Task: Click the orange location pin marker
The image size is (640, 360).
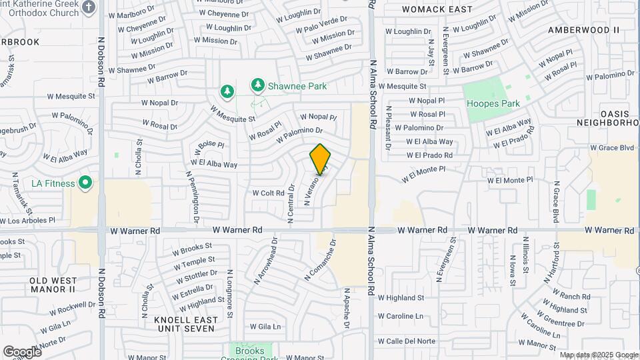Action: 320,159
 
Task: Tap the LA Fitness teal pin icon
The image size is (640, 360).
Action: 85,183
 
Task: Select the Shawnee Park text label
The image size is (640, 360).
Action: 298,86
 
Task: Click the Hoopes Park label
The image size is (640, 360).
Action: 493,103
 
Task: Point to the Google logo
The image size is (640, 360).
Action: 21,351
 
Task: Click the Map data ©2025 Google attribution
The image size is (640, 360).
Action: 598,355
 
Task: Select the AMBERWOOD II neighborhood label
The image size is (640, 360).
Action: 583,30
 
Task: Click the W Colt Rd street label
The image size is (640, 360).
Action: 268,193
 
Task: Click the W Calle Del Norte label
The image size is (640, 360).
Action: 406,341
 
